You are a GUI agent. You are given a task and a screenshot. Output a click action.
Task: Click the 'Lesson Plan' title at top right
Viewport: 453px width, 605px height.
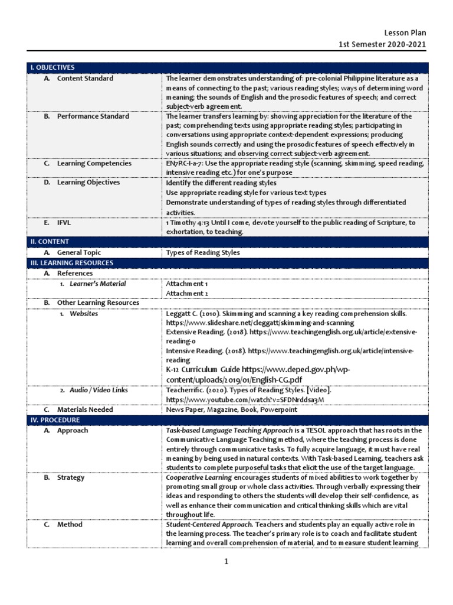click(405, 33)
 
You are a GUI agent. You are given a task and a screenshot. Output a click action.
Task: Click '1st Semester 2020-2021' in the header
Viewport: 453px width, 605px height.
click(382, 45)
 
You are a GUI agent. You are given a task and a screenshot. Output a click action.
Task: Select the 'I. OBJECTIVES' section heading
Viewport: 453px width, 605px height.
click(52, 67)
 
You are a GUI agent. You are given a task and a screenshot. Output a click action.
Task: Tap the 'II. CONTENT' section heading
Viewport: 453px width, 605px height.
click(50, 242)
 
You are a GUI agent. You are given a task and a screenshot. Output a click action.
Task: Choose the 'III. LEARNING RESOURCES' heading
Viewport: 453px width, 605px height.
click(72, 263)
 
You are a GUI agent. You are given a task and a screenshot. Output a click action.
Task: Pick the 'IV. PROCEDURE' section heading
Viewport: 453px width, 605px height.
click(55, 419)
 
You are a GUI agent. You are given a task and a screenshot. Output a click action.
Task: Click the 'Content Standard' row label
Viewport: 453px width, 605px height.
click(85, 79)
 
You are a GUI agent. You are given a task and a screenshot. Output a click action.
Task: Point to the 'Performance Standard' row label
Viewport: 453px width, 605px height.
click(93, 116)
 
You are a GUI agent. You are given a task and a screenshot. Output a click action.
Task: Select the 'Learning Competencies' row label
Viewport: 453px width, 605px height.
click(94, 164)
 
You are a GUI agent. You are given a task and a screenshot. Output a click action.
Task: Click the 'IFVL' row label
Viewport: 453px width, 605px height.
click(64, 223)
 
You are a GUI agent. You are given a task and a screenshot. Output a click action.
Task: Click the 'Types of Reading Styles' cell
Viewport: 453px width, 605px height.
click(203, 253)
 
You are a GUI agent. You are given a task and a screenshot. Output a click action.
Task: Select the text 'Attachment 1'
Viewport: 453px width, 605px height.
click(187, 284)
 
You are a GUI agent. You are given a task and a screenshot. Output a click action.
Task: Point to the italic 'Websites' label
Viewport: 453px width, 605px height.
click(84, 314)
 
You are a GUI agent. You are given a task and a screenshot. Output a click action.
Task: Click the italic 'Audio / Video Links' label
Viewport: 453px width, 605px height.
click(99, 391)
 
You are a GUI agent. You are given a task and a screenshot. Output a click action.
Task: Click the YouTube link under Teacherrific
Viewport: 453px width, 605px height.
click(245, 400)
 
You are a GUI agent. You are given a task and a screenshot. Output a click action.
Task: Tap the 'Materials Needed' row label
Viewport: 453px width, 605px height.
click(85, 409)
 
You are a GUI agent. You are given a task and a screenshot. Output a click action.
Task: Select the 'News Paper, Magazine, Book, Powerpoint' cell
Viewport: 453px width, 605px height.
click(232, 409)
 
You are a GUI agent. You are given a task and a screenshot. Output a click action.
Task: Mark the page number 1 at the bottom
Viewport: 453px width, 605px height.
click(226, 562)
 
